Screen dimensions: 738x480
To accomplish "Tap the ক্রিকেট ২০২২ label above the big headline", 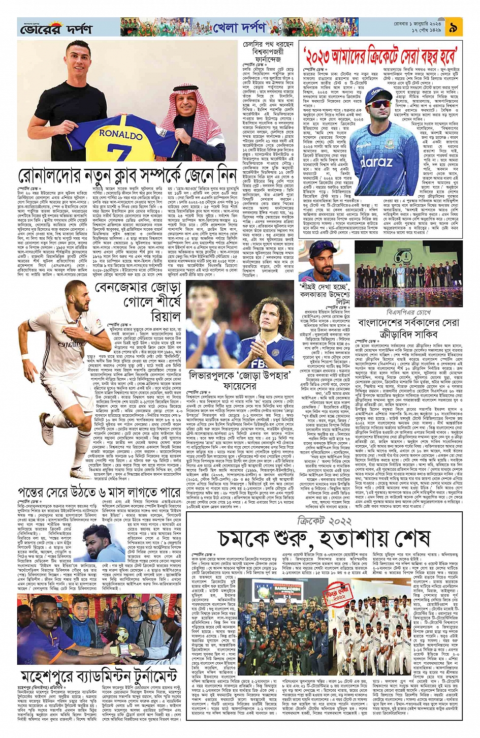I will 325,521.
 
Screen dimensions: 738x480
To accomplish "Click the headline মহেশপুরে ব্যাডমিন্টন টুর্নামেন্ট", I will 99,676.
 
